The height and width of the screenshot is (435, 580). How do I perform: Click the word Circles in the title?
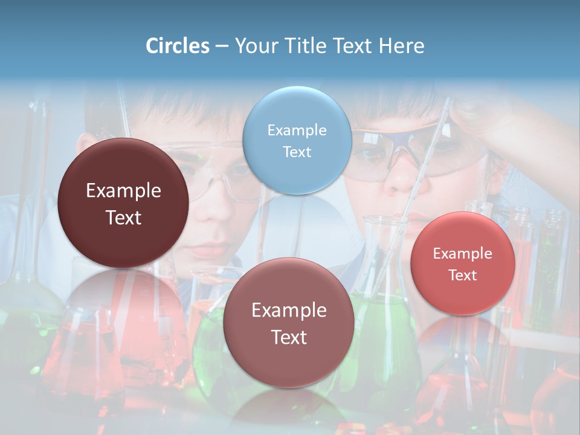coord(178,46)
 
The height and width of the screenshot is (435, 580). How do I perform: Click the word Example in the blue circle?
coord(297,130)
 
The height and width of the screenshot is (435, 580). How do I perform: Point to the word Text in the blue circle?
coord(297,152)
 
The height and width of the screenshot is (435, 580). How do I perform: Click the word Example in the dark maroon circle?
coord(123,190)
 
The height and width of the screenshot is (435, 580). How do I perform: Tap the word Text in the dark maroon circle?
coord(123,217)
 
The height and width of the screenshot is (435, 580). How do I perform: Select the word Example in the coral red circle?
coord(463,253)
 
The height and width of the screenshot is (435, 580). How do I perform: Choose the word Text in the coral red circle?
coord(463,275)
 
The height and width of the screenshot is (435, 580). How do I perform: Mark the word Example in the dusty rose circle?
coord(289,310)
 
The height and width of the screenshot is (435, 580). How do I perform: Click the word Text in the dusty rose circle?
coord(289,337)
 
